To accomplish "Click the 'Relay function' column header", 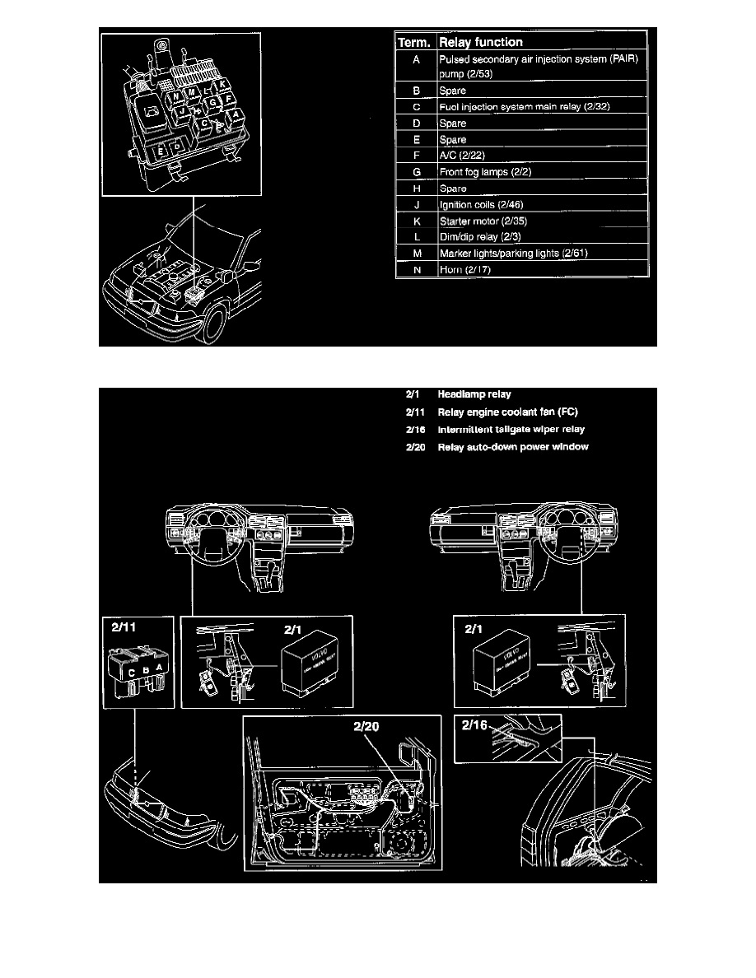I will pyautogui.click(x=481, y=42).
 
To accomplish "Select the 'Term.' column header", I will pyautogui.click(x=416, y=42).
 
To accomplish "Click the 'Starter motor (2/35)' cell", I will pyautogui.click(x=479, y=221).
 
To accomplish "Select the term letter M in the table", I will pyautogui.click(x=417, y=254).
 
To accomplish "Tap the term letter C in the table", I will pyautogui.click(x=417, y=107).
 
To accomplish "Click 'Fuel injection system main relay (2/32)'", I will pyautogui.click(x=524, y=107).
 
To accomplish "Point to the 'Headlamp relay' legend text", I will pyautogui.click(x=474, y=394).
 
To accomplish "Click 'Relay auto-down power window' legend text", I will pyautogui.click(x=513, y=447).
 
